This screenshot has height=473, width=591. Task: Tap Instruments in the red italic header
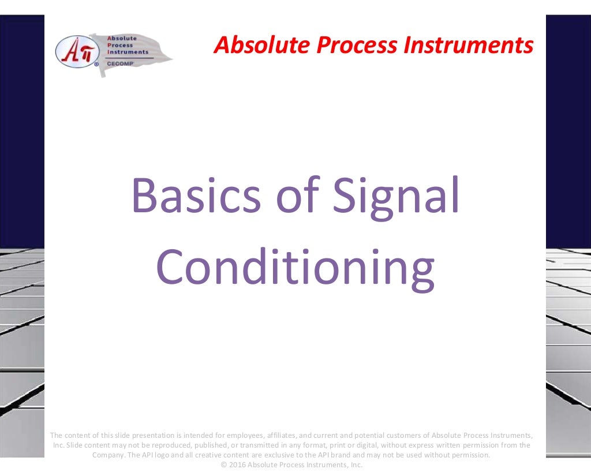(x=468, y=44)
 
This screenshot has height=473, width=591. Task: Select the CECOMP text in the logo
(x=119, y=63)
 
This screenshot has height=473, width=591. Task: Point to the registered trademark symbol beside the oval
(x=96, y=65)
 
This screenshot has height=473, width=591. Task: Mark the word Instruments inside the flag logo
(x=128, y=52)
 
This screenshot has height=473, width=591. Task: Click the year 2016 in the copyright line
(x=238, y=465)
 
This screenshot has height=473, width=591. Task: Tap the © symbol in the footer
(x=225, y=465)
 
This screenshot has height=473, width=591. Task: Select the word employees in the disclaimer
(x=242, y=435)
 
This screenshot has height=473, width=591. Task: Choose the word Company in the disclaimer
(x=109, y=455)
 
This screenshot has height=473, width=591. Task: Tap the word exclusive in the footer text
(x=274, y=455)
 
